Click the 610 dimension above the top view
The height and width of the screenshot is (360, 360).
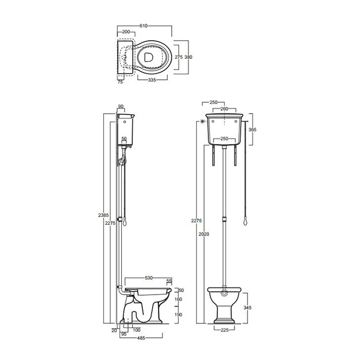143,26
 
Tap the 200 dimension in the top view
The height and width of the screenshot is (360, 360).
126,32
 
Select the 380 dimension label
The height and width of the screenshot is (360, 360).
188,57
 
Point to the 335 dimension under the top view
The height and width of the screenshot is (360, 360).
152,80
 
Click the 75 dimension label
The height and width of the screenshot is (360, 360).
120,82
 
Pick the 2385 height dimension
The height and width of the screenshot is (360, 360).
103,215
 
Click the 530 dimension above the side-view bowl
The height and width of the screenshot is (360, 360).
149,278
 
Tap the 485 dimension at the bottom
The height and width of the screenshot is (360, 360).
141,338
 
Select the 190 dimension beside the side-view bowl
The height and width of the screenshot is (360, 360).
178,315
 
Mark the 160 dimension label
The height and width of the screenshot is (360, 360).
178,299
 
